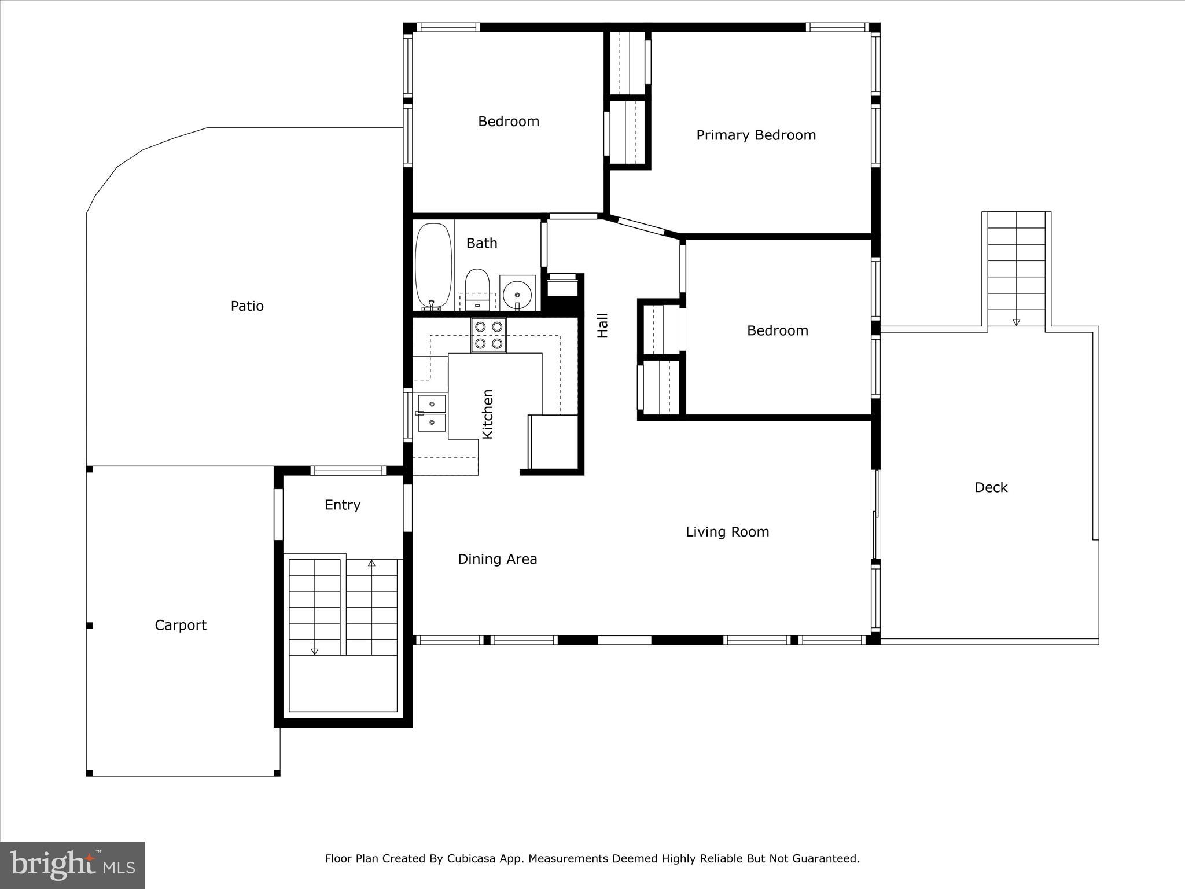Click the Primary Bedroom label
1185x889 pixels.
pos(756,135)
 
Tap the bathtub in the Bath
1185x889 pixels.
pos(433,266)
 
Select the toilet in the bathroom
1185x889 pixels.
pos(477,287)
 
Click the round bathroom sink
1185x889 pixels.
pos(517,295)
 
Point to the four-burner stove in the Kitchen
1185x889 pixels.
pos(488,335)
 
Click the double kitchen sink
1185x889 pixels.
pos(432,413)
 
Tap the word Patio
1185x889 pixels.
pos(247,306)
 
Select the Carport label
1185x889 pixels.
pos(181,625)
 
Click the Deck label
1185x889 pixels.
pos(991,487)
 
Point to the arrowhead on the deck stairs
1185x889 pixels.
pos(1017,322)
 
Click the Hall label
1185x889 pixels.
pos(602,325)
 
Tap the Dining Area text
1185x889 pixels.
pos(498,559)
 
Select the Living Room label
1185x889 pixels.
pos(727,532)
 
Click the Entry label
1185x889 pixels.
pos(343,505)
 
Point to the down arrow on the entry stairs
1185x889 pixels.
pos(315,651)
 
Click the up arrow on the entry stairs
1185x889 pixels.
pos(372,563)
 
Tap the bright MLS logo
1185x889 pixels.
pos(72,865)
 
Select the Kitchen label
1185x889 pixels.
pos(488,414)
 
